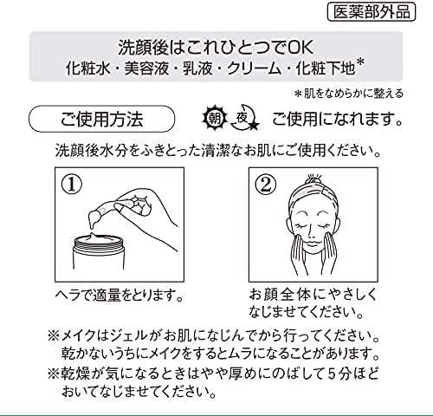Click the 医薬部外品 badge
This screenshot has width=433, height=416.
coord(372,12)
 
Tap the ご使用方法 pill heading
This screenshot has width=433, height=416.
coord(101,119)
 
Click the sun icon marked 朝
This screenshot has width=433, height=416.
coord(215,118)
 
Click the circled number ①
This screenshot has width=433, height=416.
coord(72,185)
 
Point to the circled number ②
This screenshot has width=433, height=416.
coord(266,185)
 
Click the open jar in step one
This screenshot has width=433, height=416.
coord(98,250)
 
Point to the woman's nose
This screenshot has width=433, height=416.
coord(312,233)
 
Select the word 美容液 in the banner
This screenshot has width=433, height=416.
coord(146,68)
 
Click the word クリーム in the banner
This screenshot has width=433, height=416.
coord(254,68)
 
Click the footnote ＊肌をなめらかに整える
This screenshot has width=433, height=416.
coord(348,94)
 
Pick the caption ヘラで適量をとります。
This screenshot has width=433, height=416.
coord(120,296)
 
